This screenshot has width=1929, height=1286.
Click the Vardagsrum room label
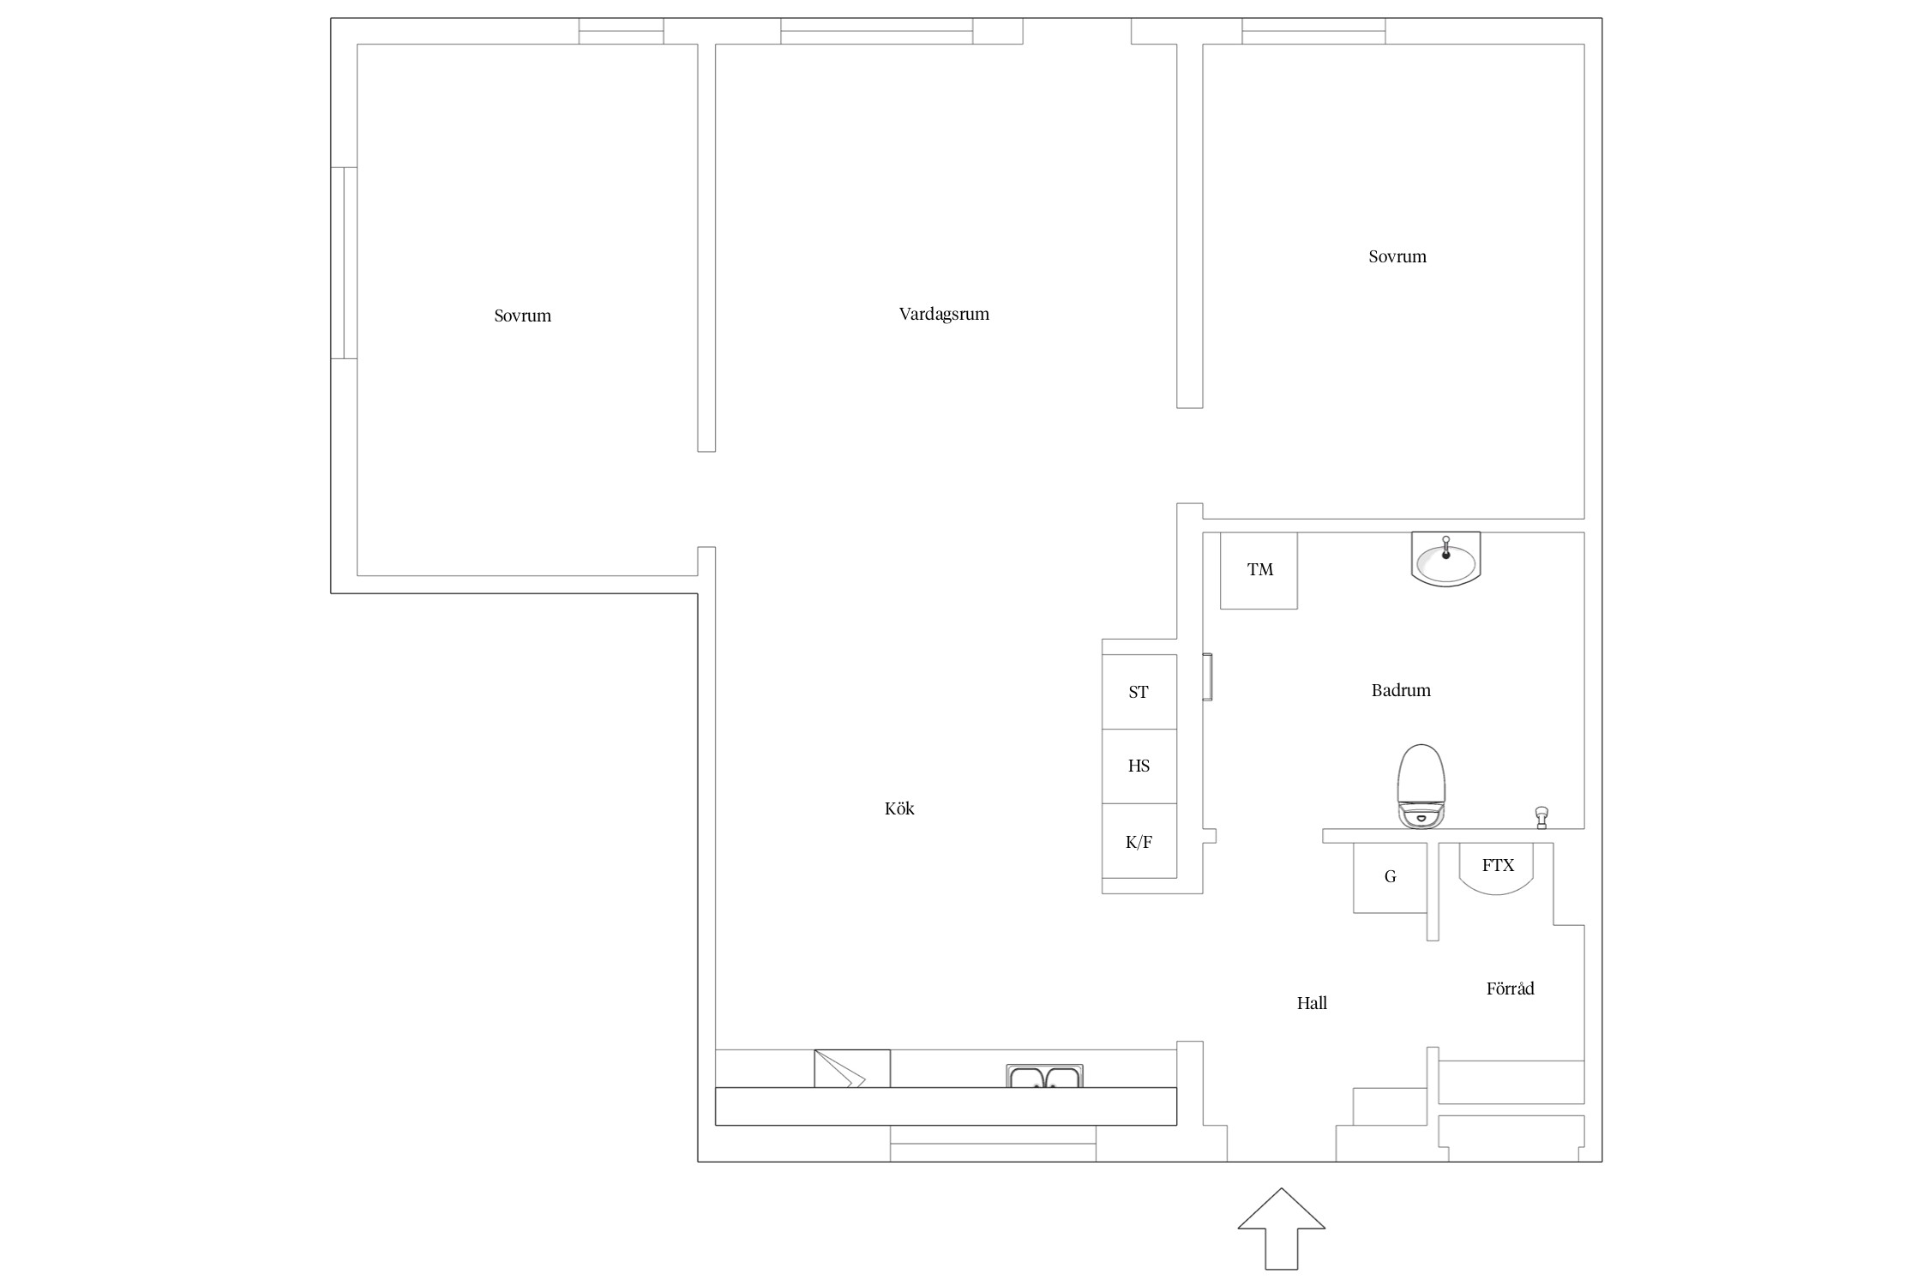[944, 315]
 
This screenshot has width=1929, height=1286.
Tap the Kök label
[899, 808]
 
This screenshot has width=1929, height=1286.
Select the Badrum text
[1401, 690]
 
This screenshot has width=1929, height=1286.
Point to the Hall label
[1312, 1003]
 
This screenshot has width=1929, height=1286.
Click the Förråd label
[1510, 989]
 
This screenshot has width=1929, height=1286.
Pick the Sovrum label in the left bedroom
[522, 315]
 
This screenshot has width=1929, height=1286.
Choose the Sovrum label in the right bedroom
[1397, 256]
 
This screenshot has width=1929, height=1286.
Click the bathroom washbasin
[1445, 559]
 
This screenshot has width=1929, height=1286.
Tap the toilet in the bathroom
[1421, 786]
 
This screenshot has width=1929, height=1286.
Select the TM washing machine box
[1259, 570]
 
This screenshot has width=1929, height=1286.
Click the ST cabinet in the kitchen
[1139, 692]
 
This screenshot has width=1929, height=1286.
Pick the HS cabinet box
[1139, 766]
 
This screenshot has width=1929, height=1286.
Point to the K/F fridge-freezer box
[1139, 841]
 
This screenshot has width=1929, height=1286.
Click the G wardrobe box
[1390, 878]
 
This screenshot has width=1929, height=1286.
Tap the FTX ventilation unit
[1497, 868]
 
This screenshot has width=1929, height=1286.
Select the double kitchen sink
[1044, 1076]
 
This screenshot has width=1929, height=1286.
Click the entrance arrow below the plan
[1281, 1228]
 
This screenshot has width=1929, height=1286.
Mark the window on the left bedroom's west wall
[344, 262]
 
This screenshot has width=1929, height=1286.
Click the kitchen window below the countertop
[993, 1144]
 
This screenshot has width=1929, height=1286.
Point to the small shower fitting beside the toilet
[1541, 818]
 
